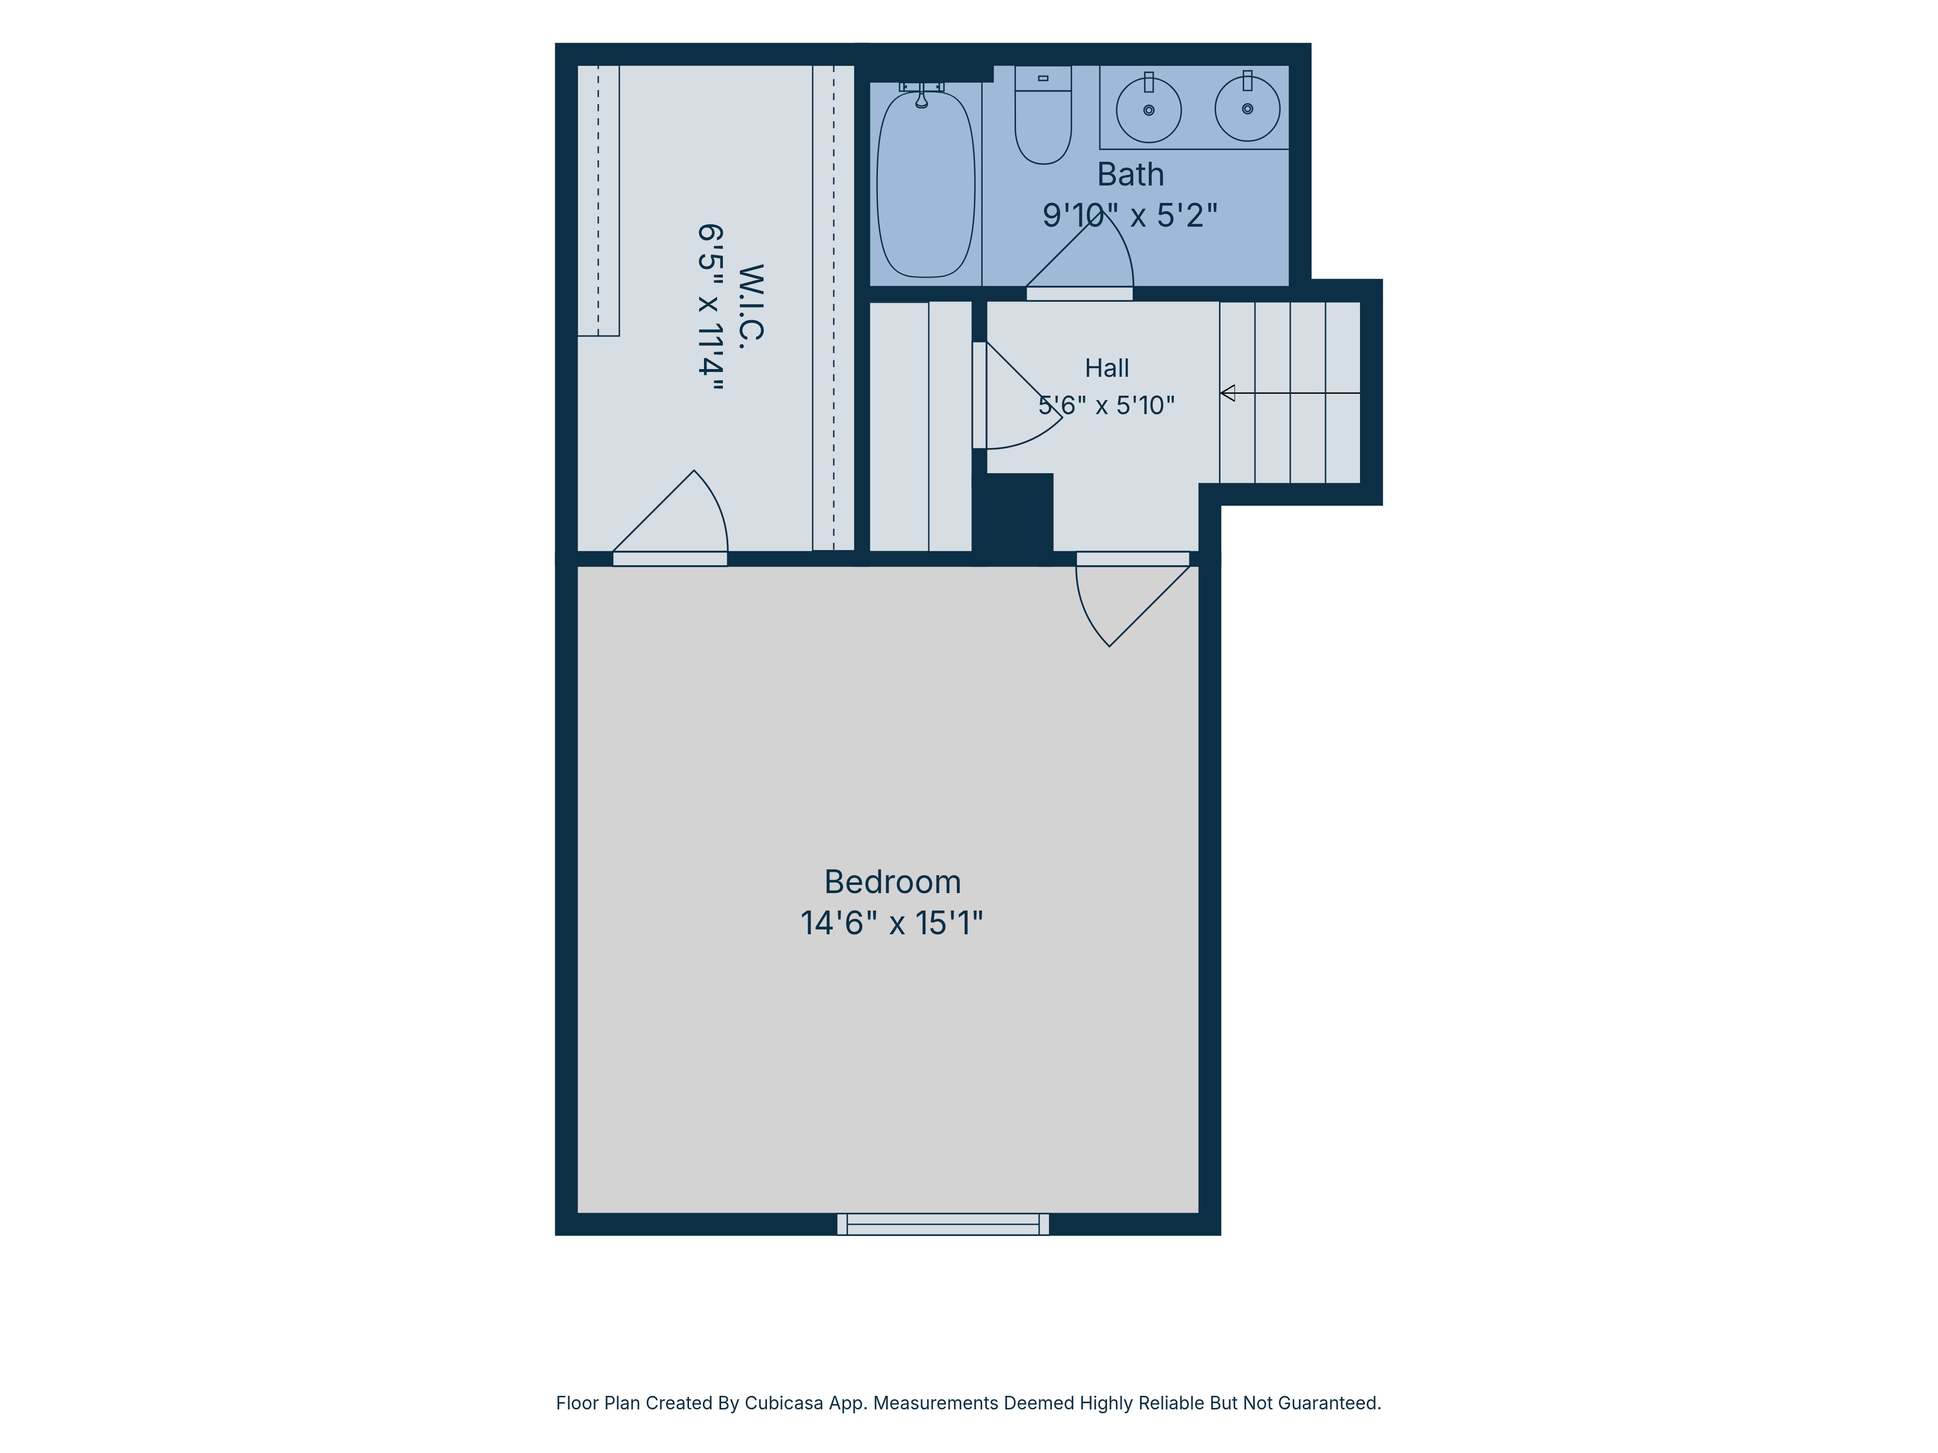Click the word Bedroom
892,882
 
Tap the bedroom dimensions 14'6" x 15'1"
892,923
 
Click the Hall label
1107,368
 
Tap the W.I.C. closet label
751,302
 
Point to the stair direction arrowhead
1227,393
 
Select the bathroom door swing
1079,254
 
